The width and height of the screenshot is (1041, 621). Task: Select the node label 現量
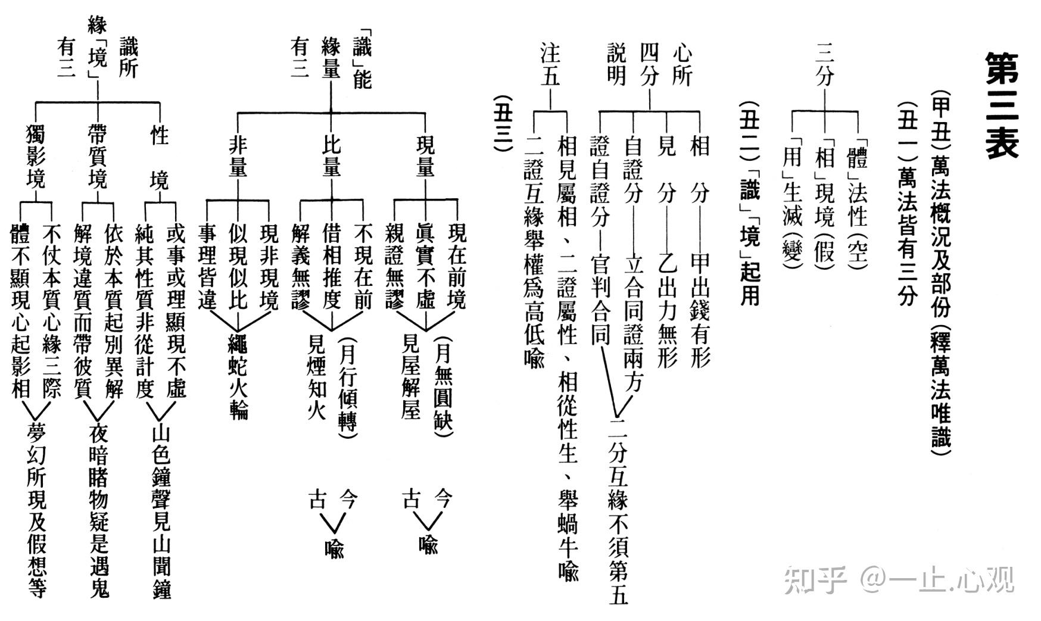coord(426,157)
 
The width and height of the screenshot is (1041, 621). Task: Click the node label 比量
coord(331,157)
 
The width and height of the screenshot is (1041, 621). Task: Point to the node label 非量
coord(238,157)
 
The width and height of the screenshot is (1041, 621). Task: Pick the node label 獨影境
coord(35,157)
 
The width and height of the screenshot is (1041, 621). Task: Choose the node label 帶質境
coord(97,157)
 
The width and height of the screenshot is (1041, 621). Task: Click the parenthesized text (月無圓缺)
coord(443,386)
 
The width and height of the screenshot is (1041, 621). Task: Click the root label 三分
coord(824,65)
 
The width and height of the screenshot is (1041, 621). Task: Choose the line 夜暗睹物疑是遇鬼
coord(99,509)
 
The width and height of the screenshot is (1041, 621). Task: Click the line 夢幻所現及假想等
coord(36,509)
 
